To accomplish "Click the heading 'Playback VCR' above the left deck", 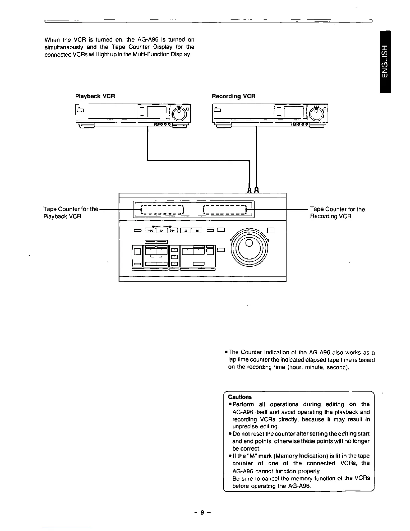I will [x=95, y=96].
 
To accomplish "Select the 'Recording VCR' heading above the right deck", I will [x=233, y=96].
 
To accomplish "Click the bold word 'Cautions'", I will [x=240, y=397].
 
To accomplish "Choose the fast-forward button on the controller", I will [x=172, y=230].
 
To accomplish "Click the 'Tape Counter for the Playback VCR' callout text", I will [x=70, y=213].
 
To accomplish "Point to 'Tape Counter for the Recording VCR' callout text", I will [x=337, y=213].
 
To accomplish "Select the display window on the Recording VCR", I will [x=294, y=112].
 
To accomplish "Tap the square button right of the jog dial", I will [x=271, y=230].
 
